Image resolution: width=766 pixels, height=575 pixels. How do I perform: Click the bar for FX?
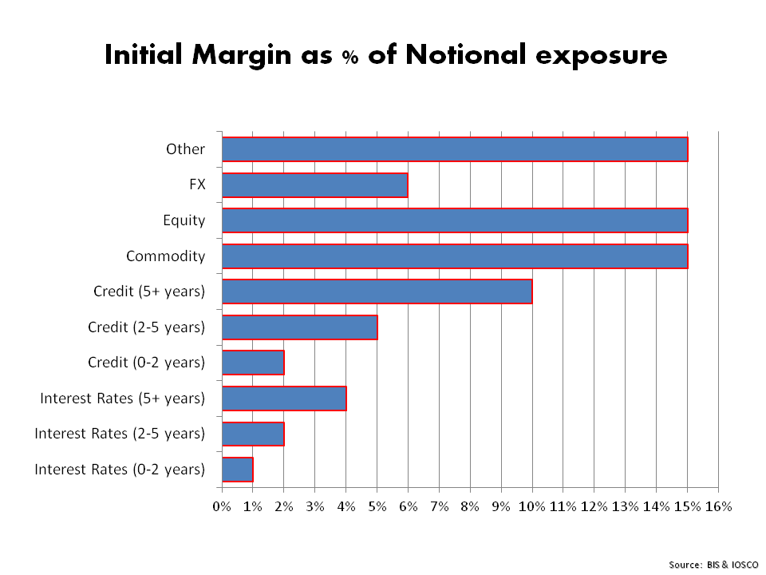tap(314, 185)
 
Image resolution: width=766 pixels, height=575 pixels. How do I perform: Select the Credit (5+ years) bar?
tap(377, 291)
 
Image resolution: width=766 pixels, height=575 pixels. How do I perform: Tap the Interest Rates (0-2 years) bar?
tap(237, 469)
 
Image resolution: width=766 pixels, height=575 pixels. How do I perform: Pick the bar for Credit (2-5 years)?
tap(299, 327)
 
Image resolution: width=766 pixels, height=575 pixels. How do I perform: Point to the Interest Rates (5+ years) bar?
tap(284, 399)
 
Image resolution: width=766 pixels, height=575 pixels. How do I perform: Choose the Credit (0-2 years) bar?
tap(253, 363)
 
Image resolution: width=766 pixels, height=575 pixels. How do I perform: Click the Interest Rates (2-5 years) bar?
tap(253, 434)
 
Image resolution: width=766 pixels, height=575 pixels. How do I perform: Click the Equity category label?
tap(184, 220)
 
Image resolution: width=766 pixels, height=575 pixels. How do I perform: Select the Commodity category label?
tap(165, 256)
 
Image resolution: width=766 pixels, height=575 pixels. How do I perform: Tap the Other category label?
tap(185, 149)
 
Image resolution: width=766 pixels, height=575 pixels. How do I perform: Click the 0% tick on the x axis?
tap(222, 506)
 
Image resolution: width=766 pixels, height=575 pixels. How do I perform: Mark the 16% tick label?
tap(717, 506)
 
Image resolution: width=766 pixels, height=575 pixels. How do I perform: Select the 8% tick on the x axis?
tap(470, 506)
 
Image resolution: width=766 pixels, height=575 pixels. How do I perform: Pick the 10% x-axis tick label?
tap(531, 506)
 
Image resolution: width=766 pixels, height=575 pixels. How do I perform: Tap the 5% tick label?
tap(377, 506)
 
